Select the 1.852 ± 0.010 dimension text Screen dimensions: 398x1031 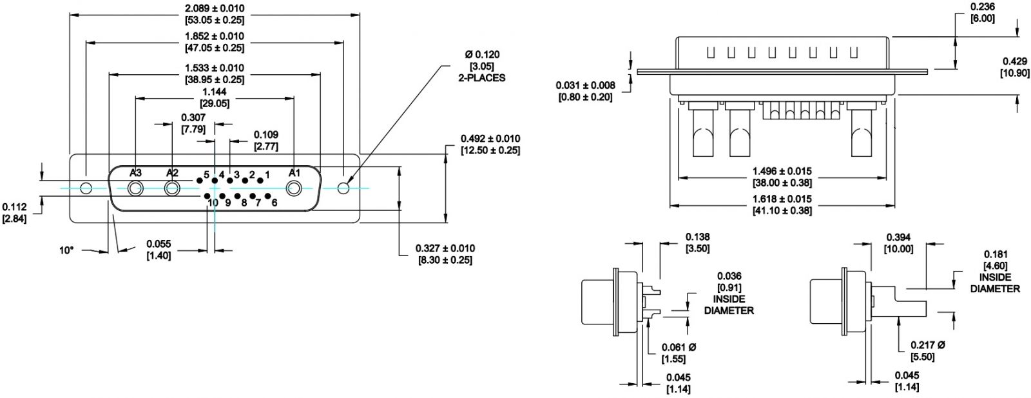(x=214, y=37)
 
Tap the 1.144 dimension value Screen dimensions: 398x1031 (x=215, y=92)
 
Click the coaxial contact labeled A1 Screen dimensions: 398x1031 (x=294, y=189)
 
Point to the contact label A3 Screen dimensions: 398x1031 (x=135, y=173)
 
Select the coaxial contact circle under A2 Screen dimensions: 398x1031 (x=172, y=189)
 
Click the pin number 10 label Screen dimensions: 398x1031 (x=213, y=203)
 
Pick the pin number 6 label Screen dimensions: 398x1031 (x=274, y=203)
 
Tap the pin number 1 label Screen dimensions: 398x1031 (x=267, y=174)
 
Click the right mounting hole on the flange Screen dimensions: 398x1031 (x=343, y=188)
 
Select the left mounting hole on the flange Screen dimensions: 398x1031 (x=86, y=189)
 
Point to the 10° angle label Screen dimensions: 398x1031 (x=67, y=250)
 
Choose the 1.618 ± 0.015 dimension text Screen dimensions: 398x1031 (x=782, y=199)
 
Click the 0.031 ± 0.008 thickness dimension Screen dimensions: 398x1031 (x=586, y=85)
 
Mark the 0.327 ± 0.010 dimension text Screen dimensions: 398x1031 (x=445, y=248)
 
